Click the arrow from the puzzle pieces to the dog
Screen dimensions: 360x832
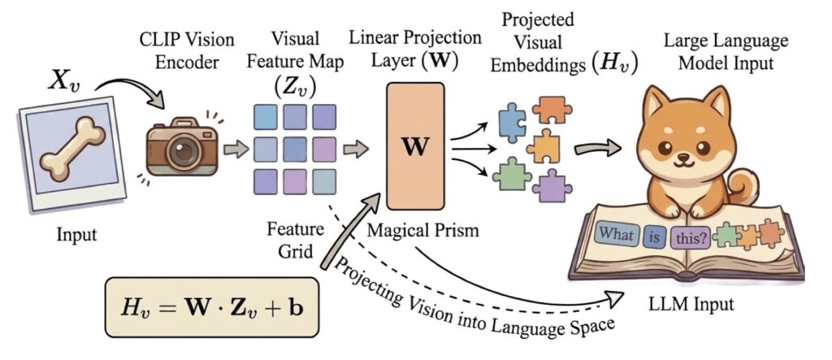(597, 149)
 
